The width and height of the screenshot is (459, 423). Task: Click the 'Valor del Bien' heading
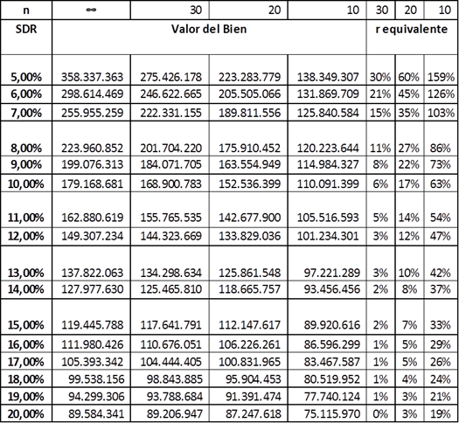coord(209,29)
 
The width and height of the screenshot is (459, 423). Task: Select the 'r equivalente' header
coord(412,29)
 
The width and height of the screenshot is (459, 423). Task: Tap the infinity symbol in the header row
coord(91,10)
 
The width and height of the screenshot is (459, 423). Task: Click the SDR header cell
coord(26,29)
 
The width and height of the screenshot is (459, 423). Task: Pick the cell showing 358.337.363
coord(92,77)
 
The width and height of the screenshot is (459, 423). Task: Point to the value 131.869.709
coord(328,94)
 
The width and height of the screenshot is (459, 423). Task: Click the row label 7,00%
coord(26,113)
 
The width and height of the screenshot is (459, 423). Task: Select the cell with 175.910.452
coord(250,148)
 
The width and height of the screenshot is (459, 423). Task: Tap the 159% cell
coord(441,77)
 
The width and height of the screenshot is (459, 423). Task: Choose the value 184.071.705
coord(171,164)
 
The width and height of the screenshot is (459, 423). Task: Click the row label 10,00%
coord(25,184)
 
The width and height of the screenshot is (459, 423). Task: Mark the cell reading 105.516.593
coord(328,218)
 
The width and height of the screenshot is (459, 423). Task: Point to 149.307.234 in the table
coord(92,236)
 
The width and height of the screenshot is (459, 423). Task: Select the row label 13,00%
coord(25,273)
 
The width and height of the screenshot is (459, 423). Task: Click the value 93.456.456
coord(331,289)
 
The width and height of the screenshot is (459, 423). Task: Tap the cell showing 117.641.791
coord(171,325)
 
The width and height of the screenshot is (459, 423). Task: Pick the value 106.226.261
coord(250,344)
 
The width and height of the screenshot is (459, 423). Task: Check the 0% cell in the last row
coord(380,414)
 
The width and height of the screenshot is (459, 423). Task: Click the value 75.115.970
coord(331,414)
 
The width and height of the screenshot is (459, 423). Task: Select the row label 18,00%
coord(25,379)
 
